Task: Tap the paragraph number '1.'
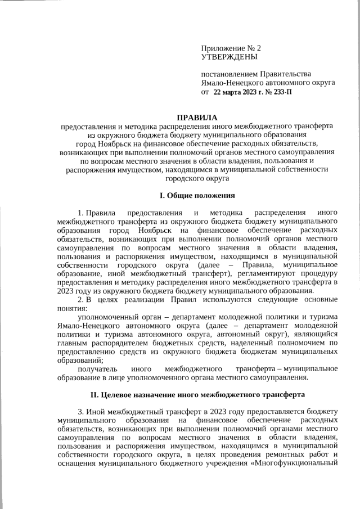(x=82, y=213)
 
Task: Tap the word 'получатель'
(x=97, y=368)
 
